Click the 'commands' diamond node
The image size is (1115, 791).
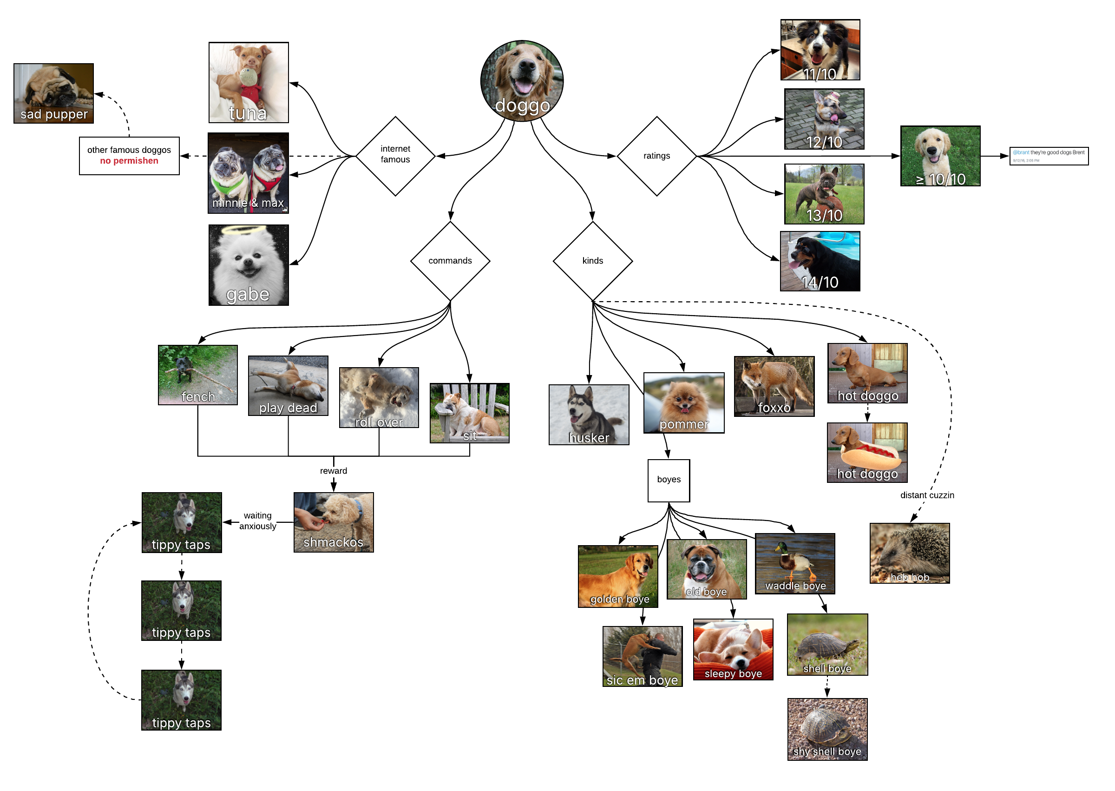coord(450,261)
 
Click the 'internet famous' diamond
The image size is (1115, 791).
coord(395,156)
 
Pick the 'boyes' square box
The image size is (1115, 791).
coord(669,480)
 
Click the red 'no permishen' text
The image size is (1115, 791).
coord(129,161)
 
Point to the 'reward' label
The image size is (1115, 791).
coord(334,471)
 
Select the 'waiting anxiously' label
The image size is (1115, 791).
coord(257,521)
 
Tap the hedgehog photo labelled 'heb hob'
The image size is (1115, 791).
coord(910,553)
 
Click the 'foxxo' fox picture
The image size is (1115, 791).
coord(774,386)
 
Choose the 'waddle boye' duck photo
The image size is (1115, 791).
coord(795,564)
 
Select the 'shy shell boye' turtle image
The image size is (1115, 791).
coord(827,729)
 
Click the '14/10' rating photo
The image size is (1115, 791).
coord(820,261)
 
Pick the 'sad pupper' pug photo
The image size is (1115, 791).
coord(53,93)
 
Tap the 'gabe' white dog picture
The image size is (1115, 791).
coord(248,265)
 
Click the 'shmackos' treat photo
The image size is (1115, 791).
coord(334,522)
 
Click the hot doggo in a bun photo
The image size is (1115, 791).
coord(867,453)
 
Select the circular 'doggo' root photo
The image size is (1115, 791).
coord(522,80)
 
